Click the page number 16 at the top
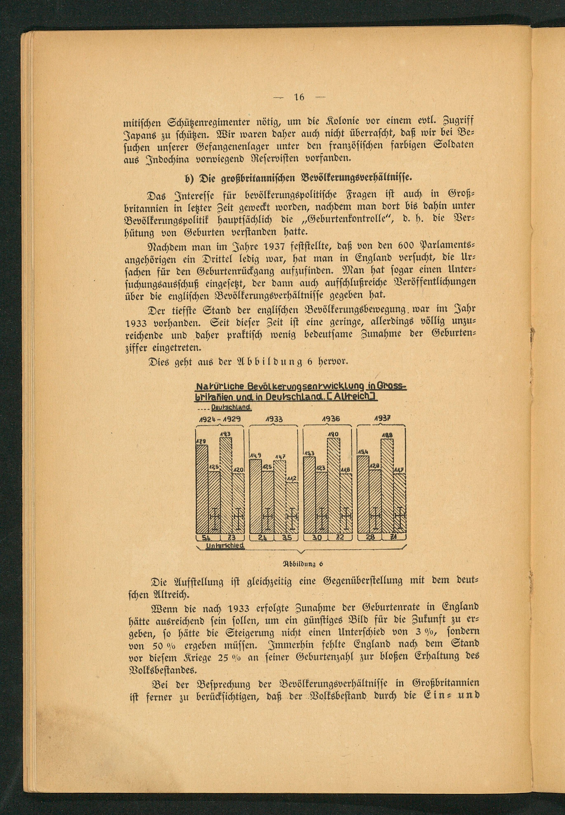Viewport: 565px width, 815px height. [299, 97]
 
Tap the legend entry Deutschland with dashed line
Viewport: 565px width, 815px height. [231, 408]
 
